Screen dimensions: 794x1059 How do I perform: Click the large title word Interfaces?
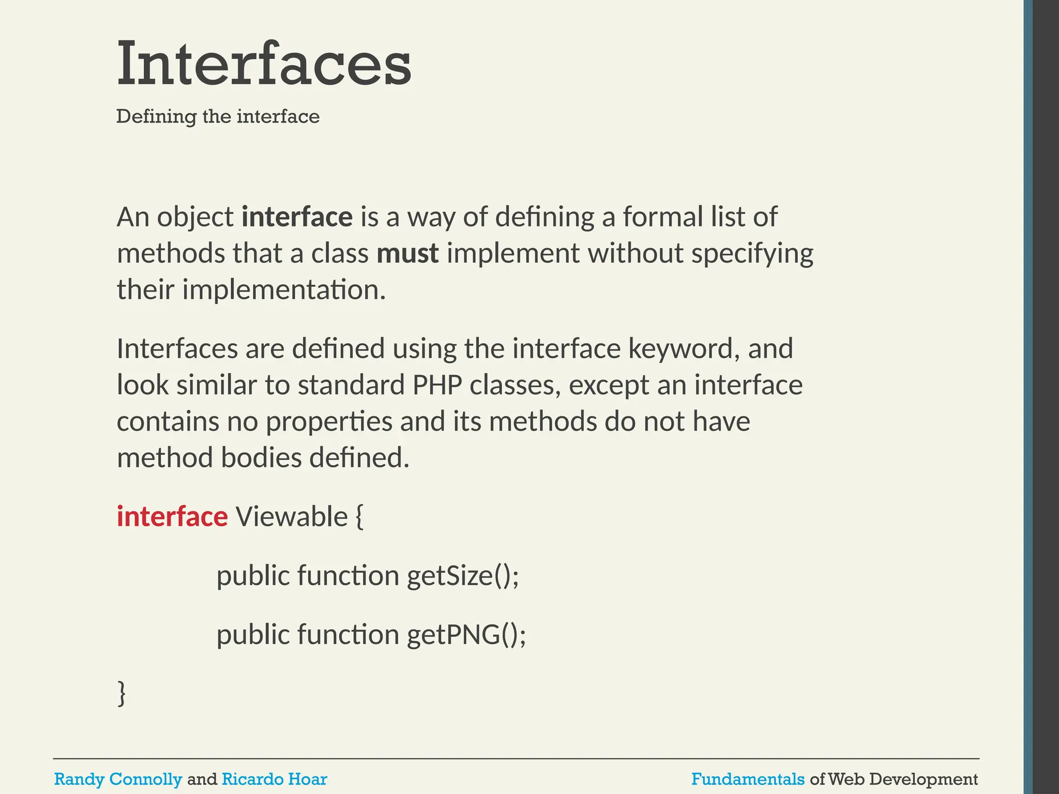pos(264,65)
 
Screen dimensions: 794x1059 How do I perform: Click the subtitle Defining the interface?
pos(218,116)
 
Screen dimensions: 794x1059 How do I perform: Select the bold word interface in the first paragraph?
pos(297,217)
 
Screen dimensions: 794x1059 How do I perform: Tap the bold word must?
pos(407,253)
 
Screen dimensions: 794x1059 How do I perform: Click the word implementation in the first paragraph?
pos(284,290)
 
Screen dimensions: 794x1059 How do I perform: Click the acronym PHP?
pos(437,385)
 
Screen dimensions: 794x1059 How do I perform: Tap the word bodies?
pos(261,458)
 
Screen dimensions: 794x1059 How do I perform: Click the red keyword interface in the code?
pos(172,516)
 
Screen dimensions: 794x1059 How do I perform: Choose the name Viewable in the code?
pos(292,516)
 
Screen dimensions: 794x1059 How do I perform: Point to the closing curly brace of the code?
pos(122,693)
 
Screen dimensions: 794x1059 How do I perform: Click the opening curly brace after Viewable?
pos(360,517)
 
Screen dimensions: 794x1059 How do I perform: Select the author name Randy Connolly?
pos(118,779)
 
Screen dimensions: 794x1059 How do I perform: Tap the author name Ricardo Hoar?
pos(274,779)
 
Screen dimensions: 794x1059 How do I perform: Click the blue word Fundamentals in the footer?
pos(748,779)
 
